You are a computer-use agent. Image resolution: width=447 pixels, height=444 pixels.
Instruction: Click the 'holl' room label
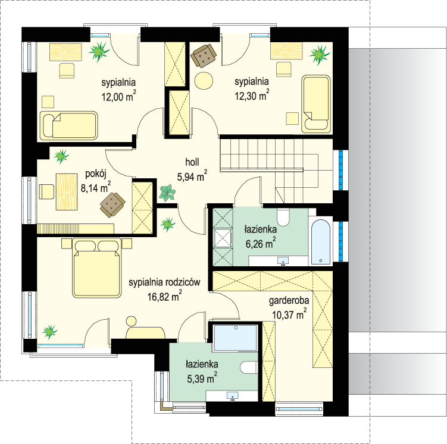[192, 162]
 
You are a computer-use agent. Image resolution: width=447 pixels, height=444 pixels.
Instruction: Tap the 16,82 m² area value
[164, 296]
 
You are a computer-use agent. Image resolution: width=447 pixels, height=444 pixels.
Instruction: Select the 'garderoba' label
[289, 301]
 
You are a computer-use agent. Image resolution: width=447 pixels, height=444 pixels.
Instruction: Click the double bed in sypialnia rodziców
[96, 268]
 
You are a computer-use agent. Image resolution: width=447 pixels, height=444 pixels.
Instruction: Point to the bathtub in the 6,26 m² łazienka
[321, 242]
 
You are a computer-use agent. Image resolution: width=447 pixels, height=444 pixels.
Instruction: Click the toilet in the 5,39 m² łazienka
[249, 367]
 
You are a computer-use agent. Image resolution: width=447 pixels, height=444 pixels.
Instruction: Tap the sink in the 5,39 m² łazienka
[233, 396]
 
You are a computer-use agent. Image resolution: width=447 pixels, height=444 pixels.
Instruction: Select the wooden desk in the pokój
[67, 191]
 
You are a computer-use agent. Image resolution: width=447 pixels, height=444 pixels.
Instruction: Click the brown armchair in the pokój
[112, 204]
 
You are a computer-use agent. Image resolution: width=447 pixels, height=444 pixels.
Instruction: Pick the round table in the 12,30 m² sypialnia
[204, 81]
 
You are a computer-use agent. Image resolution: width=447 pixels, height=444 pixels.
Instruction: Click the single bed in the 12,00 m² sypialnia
[68, 125]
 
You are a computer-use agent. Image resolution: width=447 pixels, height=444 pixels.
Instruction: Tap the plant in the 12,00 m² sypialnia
[99, 52]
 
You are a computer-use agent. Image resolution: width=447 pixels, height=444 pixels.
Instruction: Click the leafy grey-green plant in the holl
[167, 193]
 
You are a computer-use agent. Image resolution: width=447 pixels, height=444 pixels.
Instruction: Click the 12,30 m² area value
[252, 95]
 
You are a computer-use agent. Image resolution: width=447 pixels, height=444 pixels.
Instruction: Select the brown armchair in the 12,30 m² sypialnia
[204, 55]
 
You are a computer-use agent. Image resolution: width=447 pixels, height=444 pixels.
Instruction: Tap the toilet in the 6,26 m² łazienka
[283, 218]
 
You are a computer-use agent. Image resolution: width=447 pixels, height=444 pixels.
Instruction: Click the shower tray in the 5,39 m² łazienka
[236, 338]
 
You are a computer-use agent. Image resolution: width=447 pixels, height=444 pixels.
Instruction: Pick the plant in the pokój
[61, 156]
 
